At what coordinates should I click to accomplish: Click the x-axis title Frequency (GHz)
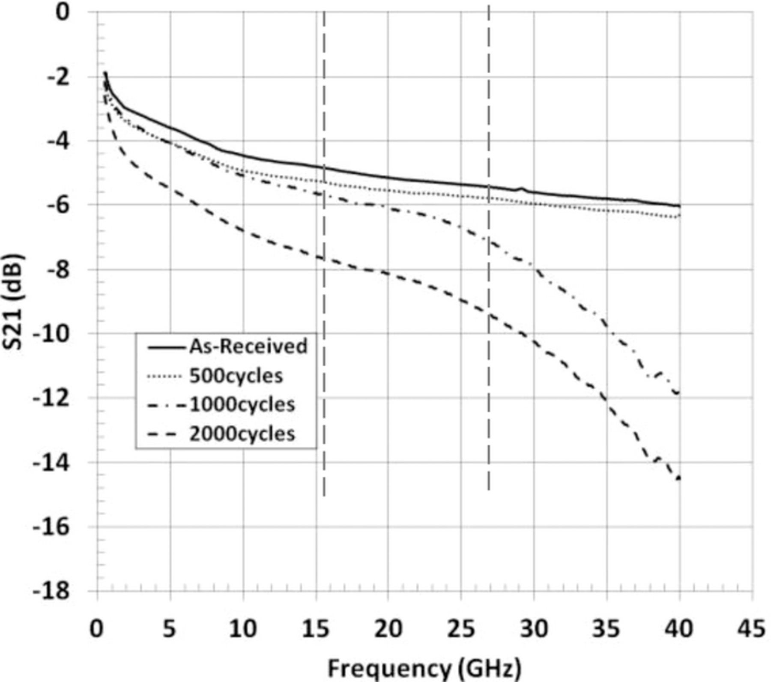pos(424,667)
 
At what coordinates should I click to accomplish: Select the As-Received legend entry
pos(248,346)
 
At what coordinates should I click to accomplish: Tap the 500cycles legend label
pos(236,376)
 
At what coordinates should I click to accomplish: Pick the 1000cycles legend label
pos(242,404)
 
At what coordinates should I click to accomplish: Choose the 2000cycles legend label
pos(242,434)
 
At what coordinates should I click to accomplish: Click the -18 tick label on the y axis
pos(51,591)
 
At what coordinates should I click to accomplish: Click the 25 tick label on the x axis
pos(461,629)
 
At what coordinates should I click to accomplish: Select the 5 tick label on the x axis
pos(170,629)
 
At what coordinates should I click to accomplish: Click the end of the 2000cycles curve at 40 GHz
pos(679,479)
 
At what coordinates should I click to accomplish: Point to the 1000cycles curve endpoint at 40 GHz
pos(678,393)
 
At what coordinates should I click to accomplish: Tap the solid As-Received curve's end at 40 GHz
pos(679,206)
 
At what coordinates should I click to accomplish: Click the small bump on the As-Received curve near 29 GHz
pos(521,188)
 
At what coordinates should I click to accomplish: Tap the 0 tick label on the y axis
pos(63,12)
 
